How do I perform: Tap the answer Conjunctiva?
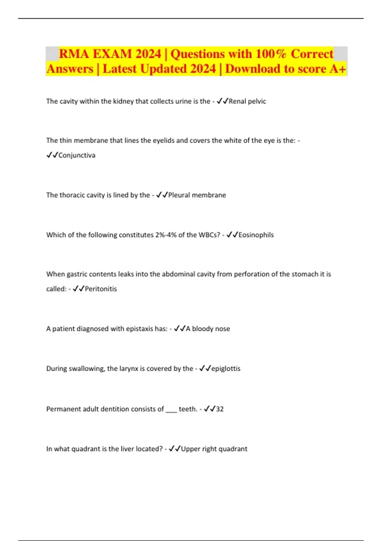77,155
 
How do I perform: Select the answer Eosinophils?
256,235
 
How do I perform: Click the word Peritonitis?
101,289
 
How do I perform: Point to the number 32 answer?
220,409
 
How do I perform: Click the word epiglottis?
226,369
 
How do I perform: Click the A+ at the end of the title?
338,69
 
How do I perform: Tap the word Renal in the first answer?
237,101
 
